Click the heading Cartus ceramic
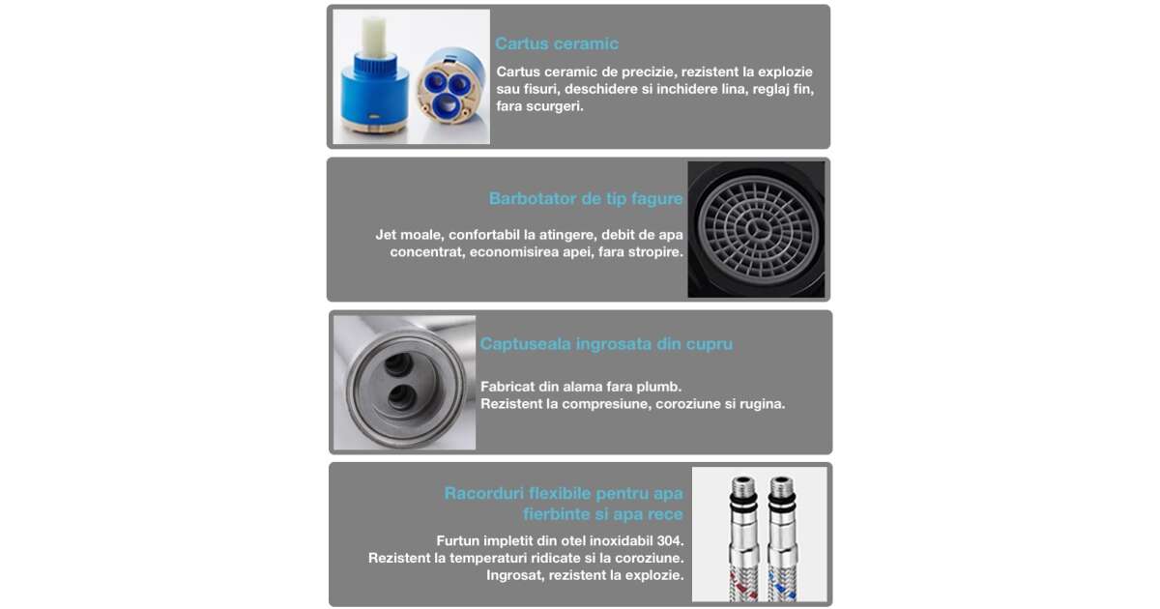(557, 43)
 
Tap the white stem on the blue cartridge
(374, 37)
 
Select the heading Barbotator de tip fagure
(586, 198)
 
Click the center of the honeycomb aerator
(757, 229)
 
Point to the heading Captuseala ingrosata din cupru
(606, 344)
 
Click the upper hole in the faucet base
(398, 364)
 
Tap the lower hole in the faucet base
(402, 397)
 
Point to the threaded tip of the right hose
(781, 484)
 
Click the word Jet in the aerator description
(386, 235)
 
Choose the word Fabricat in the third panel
(507, 387)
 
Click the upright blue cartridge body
(374, 91)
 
